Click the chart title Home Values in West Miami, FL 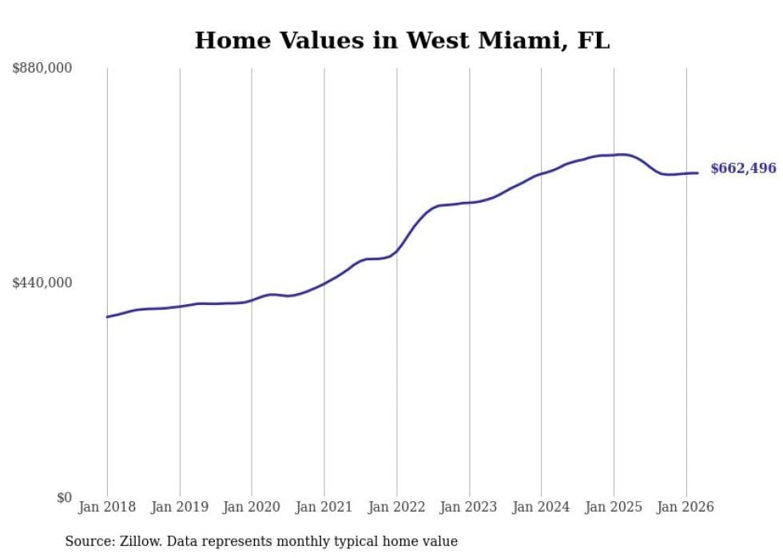pyautogui.click(x=402, y=40)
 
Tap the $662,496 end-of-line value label pyautogui.click(x=743, y=168)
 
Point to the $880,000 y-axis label pyautogui.click(x=42, y=69)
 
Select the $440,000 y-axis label pyautogui.click(x=42, y=283)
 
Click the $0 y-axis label pyautogui.click(x=64, y=498)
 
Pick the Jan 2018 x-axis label pyautogui.click(x=107, y=507)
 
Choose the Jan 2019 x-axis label pyautogui.click(x=179, y=507)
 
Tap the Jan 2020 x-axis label pyautogui.click(x=252, y=507)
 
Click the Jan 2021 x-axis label pyautogui.click(x=324, y=507)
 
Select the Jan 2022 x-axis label pyautogui.click(x=396, y=507)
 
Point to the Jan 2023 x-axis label pyautogui.click(x=468, y=507)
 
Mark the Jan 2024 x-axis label pyautogui.click(x=541, y=507)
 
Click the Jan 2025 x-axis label pyautogui.click(x=613, y=507)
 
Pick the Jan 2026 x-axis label pyautogui.click(x=686, y=507)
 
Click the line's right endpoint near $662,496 pyautogui.click(x=698, y=172)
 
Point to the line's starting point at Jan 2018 pyautogui.click(x=107, y=317)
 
